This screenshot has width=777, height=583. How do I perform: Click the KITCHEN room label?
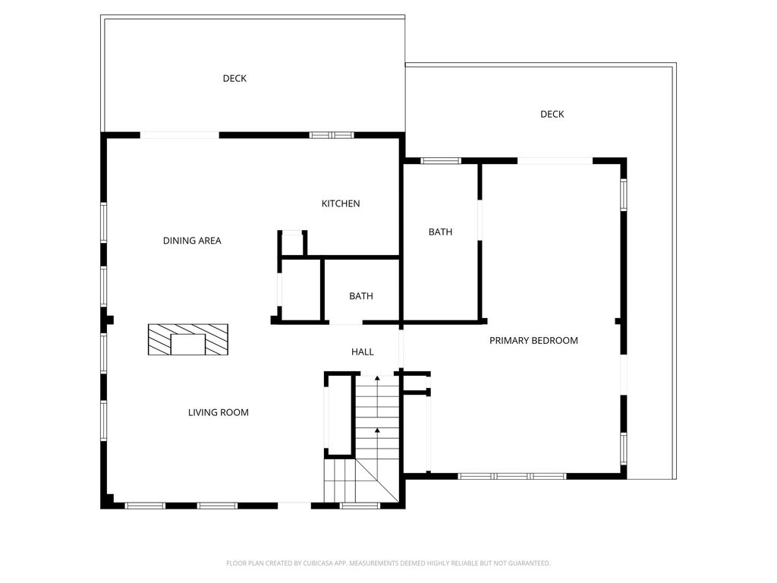click(x=341, y=203)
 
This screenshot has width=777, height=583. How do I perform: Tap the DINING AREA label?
click(x=192, y=241)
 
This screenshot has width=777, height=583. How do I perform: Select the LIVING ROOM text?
click(x=218, y=412)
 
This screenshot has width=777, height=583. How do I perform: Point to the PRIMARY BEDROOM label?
click(x=533, y=340)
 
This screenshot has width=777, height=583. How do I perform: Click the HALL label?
click(x=362, y=351)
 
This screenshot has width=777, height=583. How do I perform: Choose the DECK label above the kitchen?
click(x=234, y=78)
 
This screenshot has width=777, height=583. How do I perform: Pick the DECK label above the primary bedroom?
click(x=552, y=114)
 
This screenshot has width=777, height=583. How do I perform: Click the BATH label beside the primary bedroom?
click(x=440, y=232)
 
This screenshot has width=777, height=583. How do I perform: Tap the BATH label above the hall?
click(x=360, y=295)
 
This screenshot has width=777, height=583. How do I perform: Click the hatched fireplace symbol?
click(x=188, y=339)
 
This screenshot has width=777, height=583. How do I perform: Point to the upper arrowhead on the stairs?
click(x=377, y=378)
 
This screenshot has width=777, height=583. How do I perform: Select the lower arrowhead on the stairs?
click(x=377, y=430)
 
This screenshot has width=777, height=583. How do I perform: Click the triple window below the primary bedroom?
click(x=511, y=477)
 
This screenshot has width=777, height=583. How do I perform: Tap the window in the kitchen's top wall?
click(x=332, y=135)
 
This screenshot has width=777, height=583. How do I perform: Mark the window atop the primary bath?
click(x=441, y=161)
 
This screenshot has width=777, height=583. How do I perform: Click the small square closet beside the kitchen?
click(x=292, y=244)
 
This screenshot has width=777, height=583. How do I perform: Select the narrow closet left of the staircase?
click(x=339, y=414)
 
